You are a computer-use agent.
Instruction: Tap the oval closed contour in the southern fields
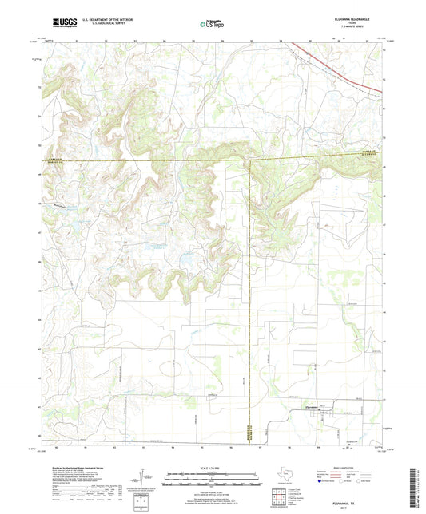click(x=173, y=366)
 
